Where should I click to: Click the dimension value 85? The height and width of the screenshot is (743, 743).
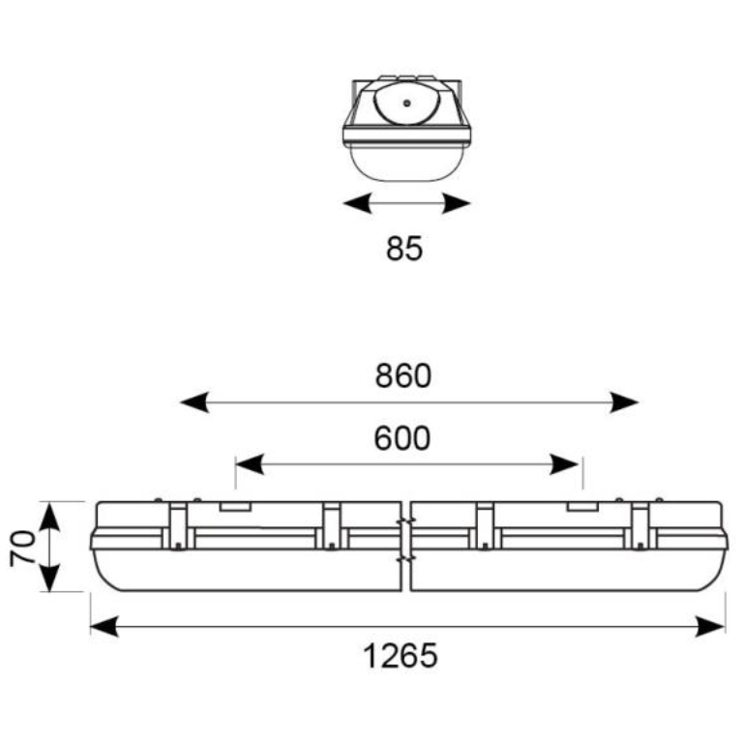click(404, 249)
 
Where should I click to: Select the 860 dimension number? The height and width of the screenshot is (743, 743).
click(403, 375)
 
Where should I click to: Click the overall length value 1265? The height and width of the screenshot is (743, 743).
click(401, 657)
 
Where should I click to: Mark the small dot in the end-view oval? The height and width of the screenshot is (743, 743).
click(407, 102)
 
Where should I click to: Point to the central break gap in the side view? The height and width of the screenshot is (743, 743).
click(406, 546)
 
